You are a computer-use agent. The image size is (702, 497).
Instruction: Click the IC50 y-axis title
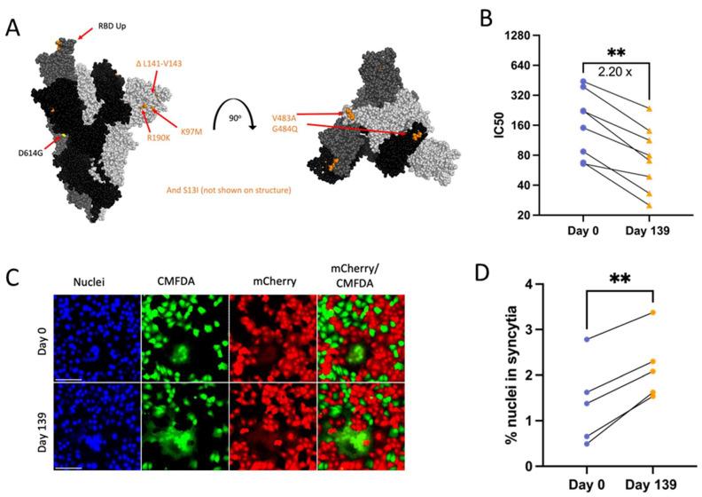[x=499, y=125]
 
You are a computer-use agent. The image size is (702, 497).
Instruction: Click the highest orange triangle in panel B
[x=650, y=109]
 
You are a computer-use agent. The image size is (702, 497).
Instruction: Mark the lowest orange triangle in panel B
[x=650, y=205]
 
